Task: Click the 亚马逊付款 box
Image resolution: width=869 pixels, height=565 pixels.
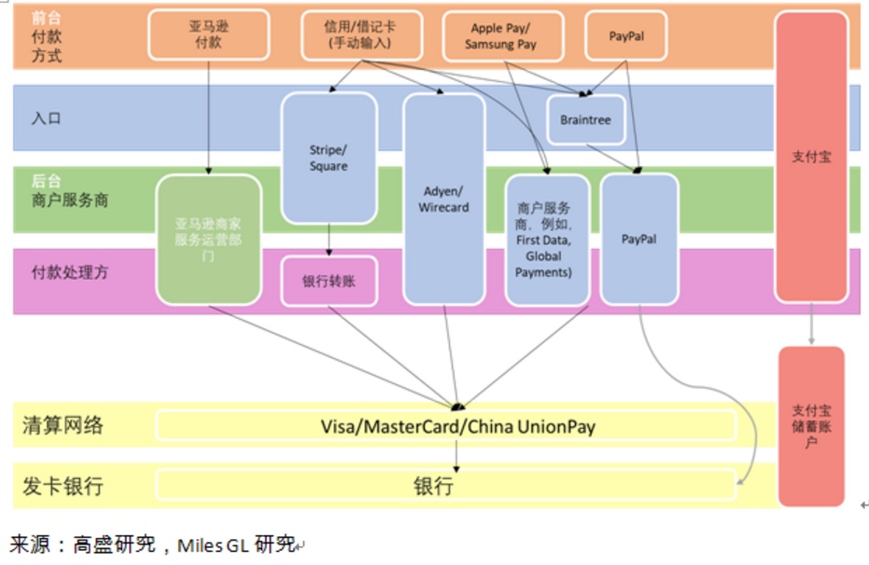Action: [208, 34]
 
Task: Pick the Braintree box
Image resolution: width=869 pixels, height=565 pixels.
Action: [585, 120]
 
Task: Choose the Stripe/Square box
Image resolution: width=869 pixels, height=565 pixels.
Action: [329, 158]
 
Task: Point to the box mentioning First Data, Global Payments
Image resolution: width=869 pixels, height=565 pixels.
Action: [547, 240]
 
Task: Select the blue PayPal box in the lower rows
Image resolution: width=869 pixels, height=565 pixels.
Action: [639, 239]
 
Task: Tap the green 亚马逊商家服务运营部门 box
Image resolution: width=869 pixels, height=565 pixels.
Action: [208, 239]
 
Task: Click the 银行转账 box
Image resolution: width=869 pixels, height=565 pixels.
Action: [329, 281]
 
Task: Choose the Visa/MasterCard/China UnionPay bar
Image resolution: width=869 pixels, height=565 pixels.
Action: [445, 427]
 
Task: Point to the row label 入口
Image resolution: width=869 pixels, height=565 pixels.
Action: [47, 118]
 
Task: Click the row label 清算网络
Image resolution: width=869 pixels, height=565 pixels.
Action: [63, 427]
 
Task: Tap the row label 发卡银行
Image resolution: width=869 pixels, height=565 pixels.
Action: [63, 486]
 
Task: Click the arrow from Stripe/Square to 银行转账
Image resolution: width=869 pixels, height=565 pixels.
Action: [329, 240]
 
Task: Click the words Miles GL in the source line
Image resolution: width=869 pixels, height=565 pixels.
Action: [214, 544]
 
